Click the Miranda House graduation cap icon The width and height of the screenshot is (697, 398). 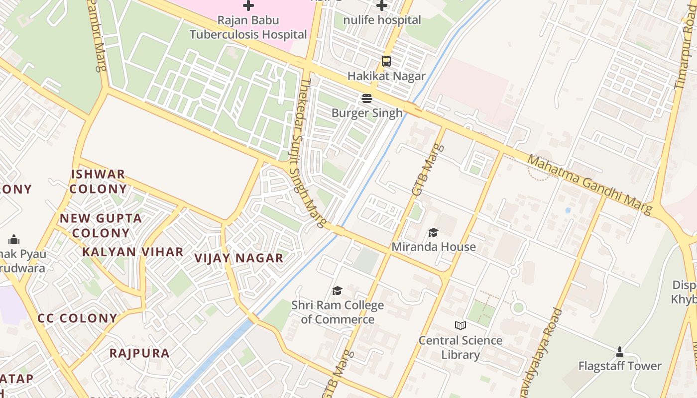click(433, 232)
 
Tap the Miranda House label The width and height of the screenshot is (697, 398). click(434, 247)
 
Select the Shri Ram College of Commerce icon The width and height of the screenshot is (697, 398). click(337, 291)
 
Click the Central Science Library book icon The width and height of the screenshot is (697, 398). click(461, 326)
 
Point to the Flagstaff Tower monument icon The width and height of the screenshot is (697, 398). click(620, 352)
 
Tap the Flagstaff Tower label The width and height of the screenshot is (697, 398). click(620, 366)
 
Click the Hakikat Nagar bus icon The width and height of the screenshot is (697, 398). click(386, 61)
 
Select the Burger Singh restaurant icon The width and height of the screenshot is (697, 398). click(367, 99)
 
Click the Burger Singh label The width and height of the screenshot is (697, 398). click(367, 113)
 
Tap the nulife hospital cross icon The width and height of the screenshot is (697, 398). click(382, 5)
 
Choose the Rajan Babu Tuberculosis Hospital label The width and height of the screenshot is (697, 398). click(248, 27)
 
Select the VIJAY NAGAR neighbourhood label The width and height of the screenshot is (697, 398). click(238, 258)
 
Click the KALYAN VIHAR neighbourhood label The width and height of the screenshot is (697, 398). click(133, 252)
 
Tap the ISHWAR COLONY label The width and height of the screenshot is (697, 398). click(98, 182)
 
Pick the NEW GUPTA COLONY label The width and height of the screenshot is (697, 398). click(101, 225)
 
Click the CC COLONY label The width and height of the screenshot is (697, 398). click(78, 318)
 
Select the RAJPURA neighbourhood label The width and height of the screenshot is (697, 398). click(139, 353)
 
